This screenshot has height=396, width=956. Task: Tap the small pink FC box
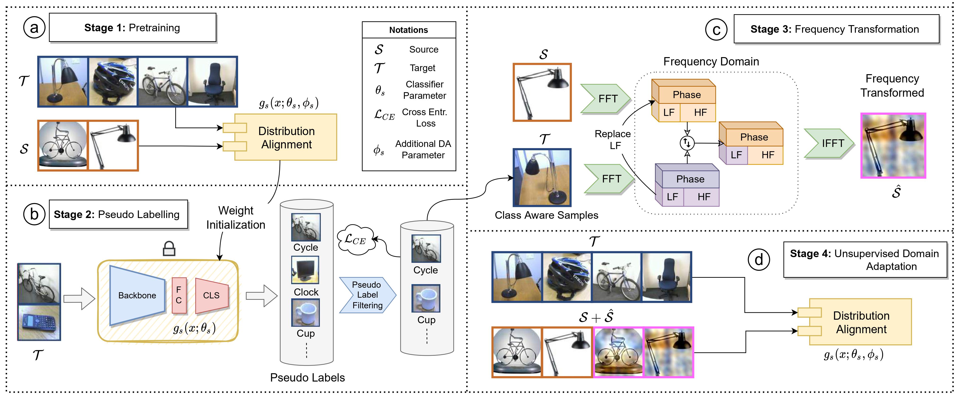click(x=179, y=295)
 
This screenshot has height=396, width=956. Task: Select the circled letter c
click(x=716, y=30)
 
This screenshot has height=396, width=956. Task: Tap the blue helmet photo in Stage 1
click(x=113, y=82)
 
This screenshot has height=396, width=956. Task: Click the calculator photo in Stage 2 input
click(x=39, y=323)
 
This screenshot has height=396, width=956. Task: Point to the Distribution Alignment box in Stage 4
click(x=860, y=322)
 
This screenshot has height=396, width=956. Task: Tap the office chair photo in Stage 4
click(x=666, y=277)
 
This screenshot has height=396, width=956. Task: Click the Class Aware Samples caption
click(x=546, y=215)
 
